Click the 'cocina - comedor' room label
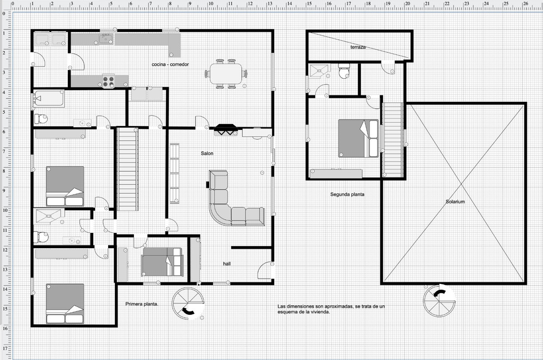pos(170,64)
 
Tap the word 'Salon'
pos(207,154)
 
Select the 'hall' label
pos(227,264)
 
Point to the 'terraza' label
pos(358,47)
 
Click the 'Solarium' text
pos(455,202)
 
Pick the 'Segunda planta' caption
pos(347,194)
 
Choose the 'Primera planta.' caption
pos(142,304)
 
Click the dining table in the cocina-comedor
pos(226,74)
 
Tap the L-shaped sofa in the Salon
pos(236,198)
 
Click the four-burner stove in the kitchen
pos(108,81)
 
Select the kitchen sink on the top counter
pos(105,39)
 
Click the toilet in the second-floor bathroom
pos(344,71)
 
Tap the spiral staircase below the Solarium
pos(439,301)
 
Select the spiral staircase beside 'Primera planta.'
pos(188,303)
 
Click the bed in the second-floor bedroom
pos(358,139)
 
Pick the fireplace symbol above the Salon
pos(226,130)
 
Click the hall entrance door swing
pos(265,270)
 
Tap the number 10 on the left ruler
pos(5,210)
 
